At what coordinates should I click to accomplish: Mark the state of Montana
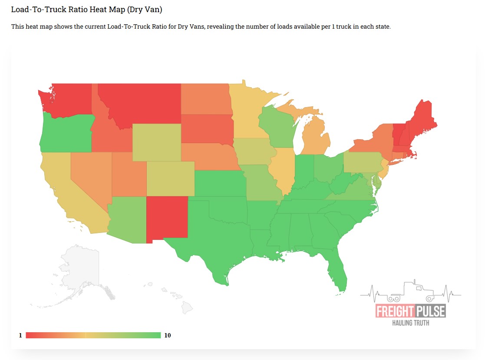click(143, 102)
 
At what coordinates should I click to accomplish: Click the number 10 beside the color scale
click(167, 335)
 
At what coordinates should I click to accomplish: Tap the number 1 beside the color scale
click(20, 335)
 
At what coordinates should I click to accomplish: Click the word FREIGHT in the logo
click(394, 311)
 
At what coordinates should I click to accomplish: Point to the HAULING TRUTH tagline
click(411, 323)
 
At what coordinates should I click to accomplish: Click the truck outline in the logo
click(410, 291)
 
